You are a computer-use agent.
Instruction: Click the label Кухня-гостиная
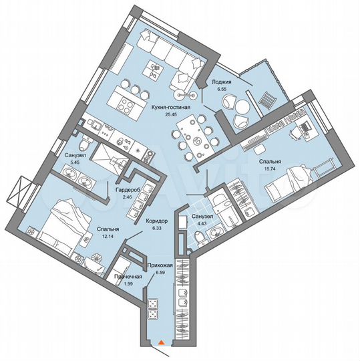[x=172, y=107]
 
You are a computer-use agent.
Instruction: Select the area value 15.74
[x=271, y=168]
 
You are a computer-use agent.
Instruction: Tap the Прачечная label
[x=127, y=277]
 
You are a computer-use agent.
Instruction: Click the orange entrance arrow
[x=161, y=344]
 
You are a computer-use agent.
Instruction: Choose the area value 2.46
[x=127, y=197]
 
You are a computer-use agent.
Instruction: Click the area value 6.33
[x=156, y=227]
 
